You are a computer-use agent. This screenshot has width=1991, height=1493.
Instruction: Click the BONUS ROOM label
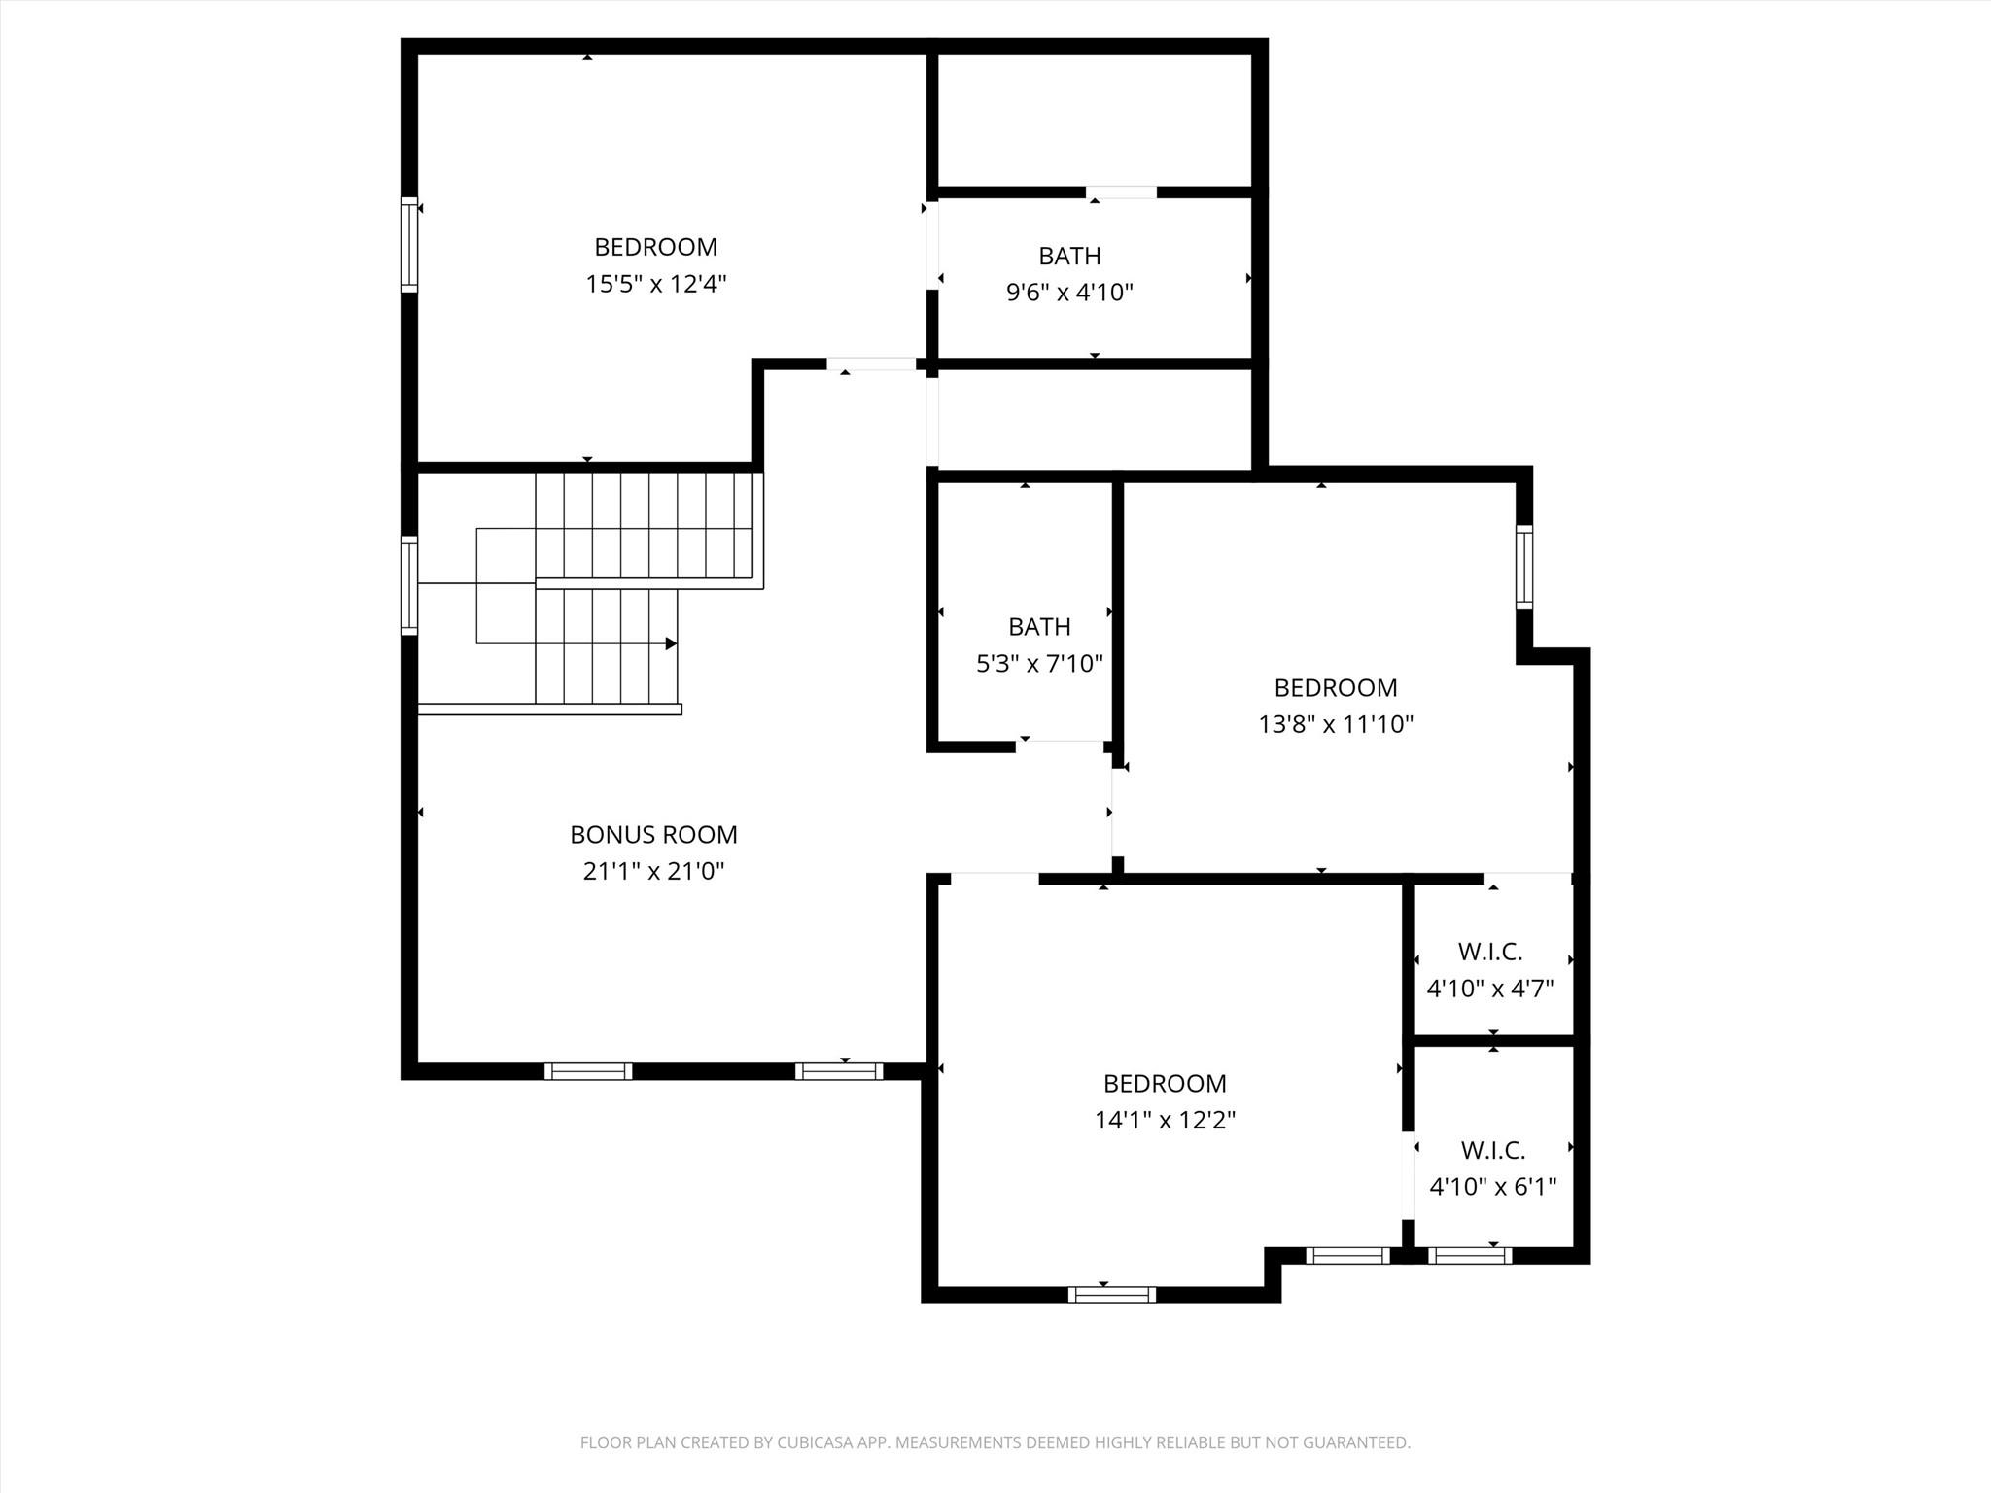click(653, 834)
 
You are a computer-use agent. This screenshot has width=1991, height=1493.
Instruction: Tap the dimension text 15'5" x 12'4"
click(656, 284)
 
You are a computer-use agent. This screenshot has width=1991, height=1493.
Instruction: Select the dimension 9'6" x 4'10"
click(1069, 292)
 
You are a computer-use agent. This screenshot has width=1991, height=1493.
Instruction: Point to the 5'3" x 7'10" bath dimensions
click(1039, 664)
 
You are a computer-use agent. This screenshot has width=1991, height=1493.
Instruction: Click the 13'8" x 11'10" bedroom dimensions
click(1335, 724)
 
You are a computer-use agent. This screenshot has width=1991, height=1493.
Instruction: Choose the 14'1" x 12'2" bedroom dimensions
click(1165, 1120)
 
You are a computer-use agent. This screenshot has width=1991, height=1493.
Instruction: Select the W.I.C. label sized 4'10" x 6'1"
click(1492, 1150)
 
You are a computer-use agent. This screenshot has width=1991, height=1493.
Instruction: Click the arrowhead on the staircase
click(671, 643)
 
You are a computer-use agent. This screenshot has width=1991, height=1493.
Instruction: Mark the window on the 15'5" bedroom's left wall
click(409, 245)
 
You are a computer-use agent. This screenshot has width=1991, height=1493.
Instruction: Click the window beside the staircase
click(409, 585)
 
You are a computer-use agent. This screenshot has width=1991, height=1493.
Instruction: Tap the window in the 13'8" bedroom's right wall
click(1524, 568)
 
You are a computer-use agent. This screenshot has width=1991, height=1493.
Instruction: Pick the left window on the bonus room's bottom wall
click(588, 1071)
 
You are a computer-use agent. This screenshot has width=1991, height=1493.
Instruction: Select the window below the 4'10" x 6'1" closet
click(1470, 1255)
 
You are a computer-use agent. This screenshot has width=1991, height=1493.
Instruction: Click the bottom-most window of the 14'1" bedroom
click(1112, 1295)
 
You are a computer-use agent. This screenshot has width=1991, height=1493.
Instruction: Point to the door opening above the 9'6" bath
click(1121, 191)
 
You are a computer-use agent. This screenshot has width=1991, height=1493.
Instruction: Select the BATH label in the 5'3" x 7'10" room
click(1039, 627)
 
